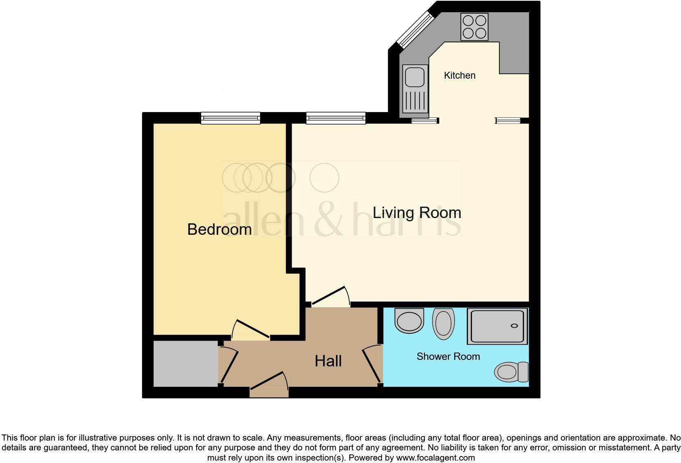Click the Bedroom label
219,229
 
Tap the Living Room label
417,213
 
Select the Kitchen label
459,75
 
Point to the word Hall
328,361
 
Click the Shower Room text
448,357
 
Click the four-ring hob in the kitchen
474,26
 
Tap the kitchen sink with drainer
415,88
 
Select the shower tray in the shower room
497,326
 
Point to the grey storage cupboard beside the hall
185,364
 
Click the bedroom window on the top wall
231,118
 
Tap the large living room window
336,118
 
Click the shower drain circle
514,326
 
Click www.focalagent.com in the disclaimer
435,458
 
